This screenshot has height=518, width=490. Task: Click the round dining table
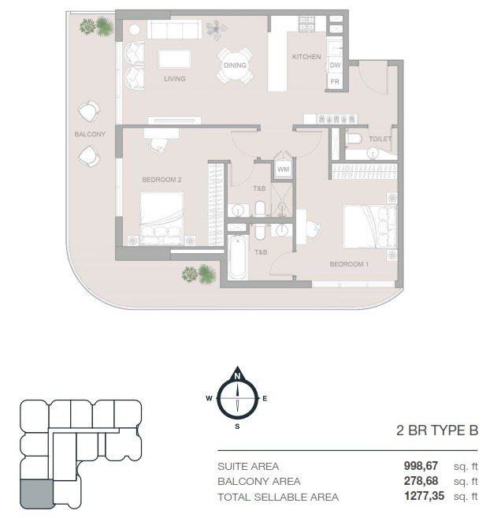point(235,65)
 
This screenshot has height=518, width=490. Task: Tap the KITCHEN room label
point(306,57)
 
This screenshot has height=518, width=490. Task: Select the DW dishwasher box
point(335,65)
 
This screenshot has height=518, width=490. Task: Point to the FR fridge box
point(335,81)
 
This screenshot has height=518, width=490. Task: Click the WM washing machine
point(284,170)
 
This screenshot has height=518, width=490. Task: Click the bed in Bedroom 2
point(161,218)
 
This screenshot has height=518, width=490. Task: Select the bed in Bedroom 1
point(369,226)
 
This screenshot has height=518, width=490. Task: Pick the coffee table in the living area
point(174,59)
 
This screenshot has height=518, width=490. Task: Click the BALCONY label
point(90,134)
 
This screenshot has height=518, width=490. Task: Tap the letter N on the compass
point(237,376)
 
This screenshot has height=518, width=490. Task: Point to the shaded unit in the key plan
point(36,494)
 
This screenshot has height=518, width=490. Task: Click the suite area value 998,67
point(421,466)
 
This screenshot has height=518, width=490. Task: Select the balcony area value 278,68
point(421,481)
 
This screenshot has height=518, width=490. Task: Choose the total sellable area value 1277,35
point(424,496)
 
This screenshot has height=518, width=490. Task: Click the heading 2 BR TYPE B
point(437,430)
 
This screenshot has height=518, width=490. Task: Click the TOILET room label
point(380,139)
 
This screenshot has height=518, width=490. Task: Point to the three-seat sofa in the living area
point(174,29)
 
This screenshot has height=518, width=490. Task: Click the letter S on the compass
point(237,427)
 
